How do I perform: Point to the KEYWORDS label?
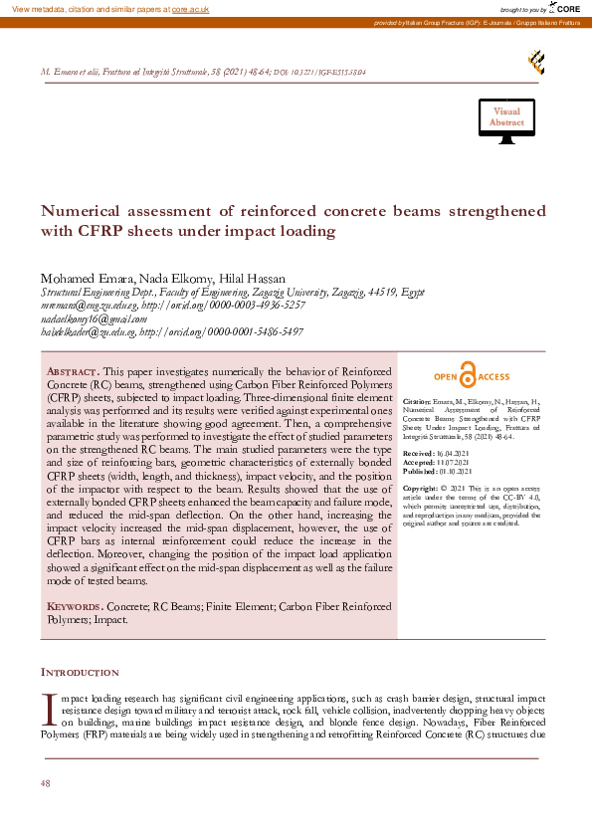[x=75, y=606]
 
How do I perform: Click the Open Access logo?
[x=472, y=377]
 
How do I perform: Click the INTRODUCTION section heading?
[x=80, y=673]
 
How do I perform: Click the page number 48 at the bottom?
[x=46, y=784]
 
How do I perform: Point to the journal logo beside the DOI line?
[x=535, y=64]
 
